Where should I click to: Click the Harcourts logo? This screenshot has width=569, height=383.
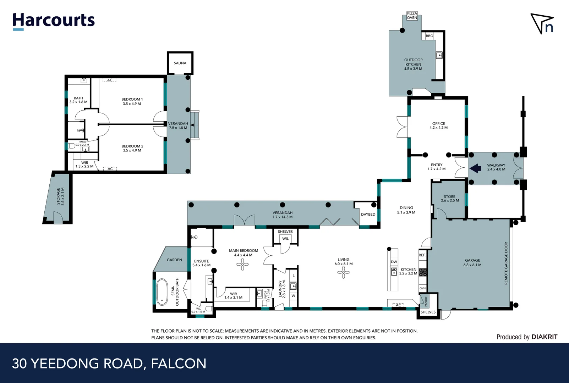point(54,21)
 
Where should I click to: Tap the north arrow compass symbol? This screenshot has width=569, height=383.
point(542,23)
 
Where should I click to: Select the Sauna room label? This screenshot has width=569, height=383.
point(180,63)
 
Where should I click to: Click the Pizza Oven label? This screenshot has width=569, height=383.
point(412,16)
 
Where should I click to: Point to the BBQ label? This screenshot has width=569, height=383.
point(430,36)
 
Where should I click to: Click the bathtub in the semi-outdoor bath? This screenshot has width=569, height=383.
point(162,292)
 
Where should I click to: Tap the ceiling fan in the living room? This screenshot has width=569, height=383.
point(343,272)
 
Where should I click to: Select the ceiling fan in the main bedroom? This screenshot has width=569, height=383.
point(242,264)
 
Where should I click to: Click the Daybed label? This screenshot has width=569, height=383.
point(368,214)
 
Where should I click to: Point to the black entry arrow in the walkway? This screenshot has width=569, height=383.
point(475,168)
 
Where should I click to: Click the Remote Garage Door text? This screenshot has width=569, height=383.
point(506,263)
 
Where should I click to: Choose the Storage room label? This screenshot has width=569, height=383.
point(60,196)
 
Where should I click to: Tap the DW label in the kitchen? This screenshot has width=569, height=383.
point(394,262)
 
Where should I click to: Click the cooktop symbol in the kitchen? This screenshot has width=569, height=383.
point(423,272)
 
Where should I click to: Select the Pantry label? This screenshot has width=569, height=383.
point(426,301)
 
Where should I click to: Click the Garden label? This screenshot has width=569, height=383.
point(174,260)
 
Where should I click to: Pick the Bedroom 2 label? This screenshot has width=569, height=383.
point(132,148)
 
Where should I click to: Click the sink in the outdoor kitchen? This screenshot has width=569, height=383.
point(439,55)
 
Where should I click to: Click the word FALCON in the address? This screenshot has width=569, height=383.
point(179,363)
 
